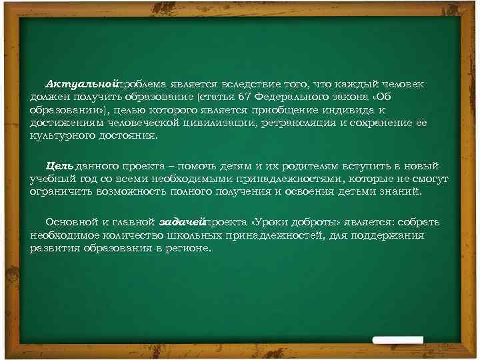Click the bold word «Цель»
pos(59,166)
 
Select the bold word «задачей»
pos(182,222)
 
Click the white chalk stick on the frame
pos(398,340)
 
